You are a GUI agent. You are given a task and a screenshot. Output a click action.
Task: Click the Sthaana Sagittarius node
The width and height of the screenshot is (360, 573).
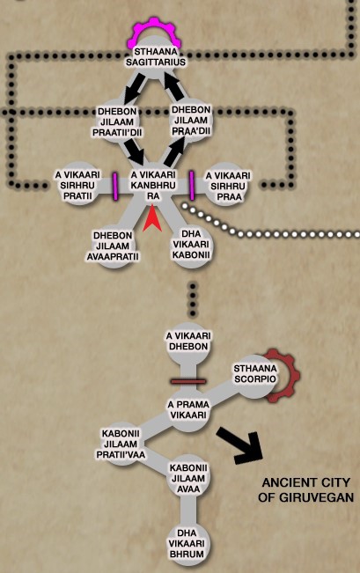pos(155,57)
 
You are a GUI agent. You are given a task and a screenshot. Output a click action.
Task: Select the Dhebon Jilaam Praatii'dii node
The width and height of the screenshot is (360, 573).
pos(117,121)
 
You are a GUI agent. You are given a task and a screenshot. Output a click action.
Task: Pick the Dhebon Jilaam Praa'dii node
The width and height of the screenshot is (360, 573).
pos(191,121)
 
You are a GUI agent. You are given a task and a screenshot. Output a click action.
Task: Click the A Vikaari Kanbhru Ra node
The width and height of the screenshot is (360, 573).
pos(153,186)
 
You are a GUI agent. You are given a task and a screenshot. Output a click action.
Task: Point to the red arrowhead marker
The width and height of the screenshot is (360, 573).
pos(152,218)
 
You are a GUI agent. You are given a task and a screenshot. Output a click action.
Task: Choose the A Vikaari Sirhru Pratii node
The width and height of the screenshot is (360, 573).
pos(77,185)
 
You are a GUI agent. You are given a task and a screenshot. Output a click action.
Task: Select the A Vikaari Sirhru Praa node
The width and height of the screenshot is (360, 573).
pos(228,186)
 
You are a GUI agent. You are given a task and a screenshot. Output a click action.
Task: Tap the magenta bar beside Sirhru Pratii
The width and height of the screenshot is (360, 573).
pos(115,187)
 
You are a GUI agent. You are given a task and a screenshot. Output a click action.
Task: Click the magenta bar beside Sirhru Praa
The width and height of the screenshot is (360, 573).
pos(192,186)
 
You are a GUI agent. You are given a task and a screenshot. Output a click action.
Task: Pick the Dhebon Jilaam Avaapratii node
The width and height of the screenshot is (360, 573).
pos(113,246)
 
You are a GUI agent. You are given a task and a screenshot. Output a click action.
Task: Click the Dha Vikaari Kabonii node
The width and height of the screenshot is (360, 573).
pos(191,244)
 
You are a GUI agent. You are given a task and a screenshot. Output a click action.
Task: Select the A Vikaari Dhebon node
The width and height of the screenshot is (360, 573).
pos(188,341)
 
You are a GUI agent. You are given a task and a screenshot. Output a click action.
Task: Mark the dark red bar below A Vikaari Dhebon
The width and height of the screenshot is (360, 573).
pos(187,381)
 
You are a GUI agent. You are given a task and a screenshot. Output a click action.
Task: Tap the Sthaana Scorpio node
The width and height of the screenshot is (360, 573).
pos(255,374)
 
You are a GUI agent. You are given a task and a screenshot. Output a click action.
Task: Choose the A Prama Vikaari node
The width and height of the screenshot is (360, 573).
pos(188,410)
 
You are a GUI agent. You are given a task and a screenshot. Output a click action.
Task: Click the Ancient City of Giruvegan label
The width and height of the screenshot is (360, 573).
pos(306,490)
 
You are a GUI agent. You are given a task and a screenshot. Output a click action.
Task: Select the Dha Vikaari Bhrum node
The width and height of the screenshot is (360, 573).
pos(187,543)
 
